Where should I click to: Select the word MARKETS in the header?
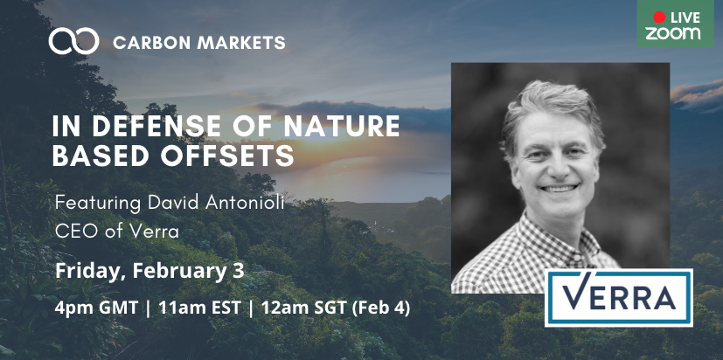(241, 43)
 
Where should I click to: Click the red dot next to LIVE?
(659, 17)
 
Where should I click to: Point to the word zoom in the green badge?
(673, 33)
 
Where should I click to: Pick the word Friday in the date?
(85, 271)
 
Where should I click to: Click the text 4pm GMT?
(96, 308)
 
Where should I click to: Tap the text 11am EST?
(199, 308)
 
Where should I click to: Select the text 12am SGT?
(304, 308)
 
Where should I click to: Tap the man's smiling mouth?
(560, 188)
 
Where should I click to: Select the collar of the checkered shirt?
(553, 240)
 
